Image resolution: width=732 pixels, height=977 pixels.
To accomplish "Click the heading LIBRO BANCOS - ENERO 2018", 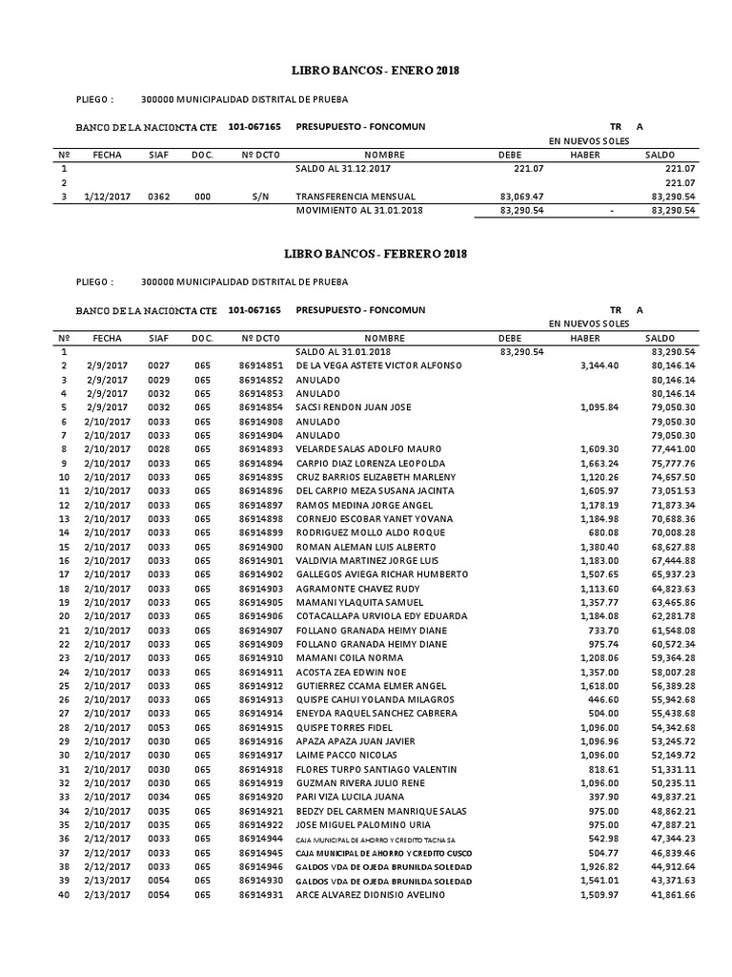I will tap(367, 71).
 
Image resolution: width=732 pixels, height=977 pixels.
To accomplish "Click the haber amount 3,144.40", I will tap(600, 365).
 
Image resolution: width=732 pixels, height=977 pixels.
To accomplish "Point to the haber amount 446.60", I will tap(605, 699).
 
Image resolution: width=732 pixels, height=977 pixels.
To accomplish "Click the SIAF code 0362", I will tap(158, 196).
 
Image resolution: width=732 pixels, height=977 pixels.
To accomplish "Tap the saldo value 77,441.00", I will tap(672, 448).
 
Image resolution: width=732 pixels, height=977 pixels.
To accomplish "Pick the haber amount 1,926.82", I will tap(600, 866).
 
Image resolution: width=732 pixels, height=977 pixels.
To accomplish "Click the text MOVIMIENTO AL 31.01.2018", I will tap(359, 210).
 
